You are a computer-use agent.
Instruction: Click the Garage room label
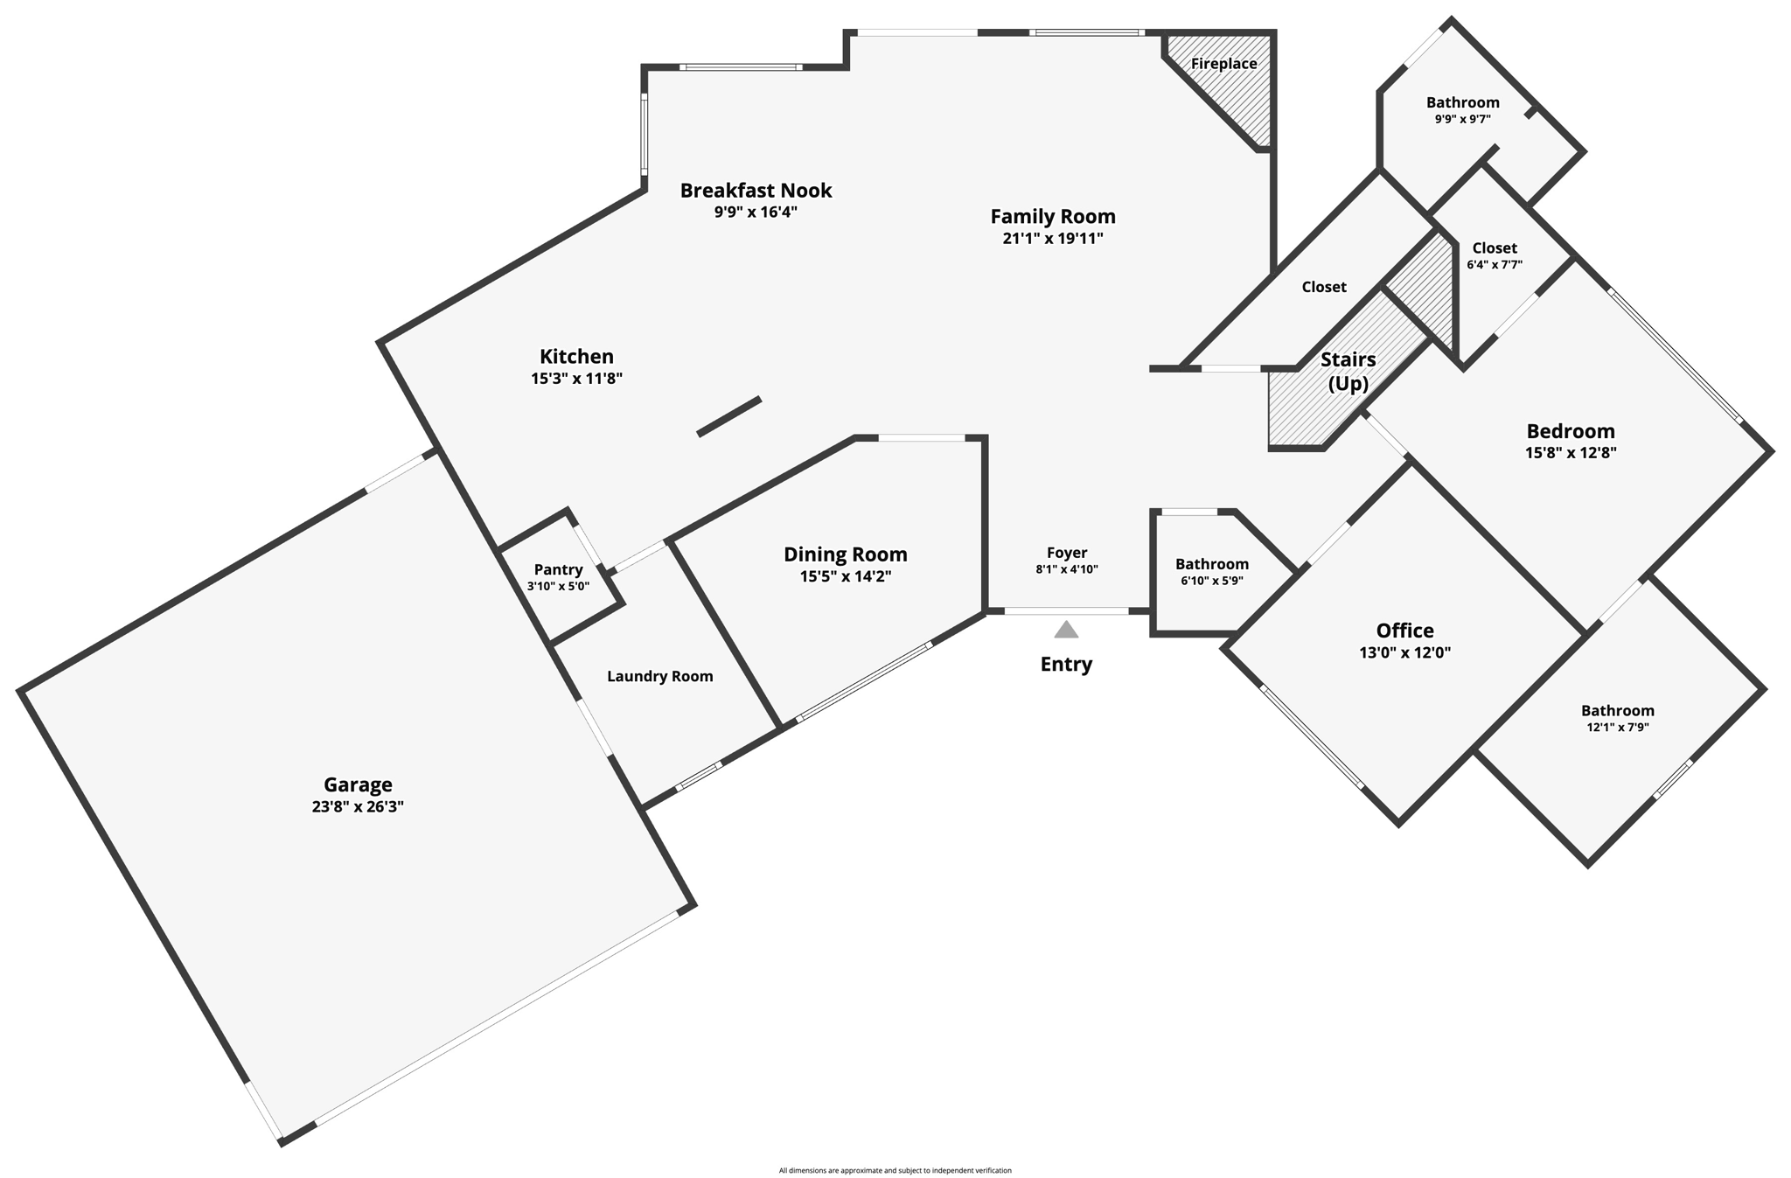(x=358, y=784)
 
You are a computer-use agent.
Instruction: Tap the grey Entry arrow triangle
(x=1066, y=630)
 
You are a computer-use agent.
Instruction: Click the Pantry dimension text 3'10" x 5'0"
(x=558, y=587)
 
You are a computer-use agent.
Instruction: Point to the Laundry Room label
(x=659, y=676)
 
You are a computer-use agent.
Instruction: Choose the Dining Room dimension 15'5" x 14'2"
(x=845, y=576)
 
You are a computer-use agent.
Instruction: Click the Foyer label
(x=1067, y=553)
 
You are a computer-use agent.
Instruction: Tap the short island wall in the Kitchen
(x=728, y=416)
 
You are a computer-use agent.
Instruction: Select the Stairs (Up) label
(x=1348, y=371)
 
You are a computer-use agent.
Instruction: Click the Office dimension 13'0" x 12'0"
(x=1404, y=652)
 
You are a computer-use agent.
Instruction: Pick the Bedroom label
(x=1571, y=431)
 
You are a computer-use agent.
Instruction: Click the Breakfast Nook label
(x=756, y=190)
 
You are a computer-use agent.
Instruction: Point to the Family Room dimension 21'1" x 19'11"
(x=1053, y=238)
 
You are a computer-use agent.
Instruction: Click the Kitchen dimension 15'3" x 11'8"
(x=576, y=379)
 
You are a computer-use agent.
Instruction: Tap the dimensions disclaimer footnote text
(x=895, y=1170)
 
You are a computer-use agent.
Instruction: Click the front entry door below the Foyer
(x=1066, y=611)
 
